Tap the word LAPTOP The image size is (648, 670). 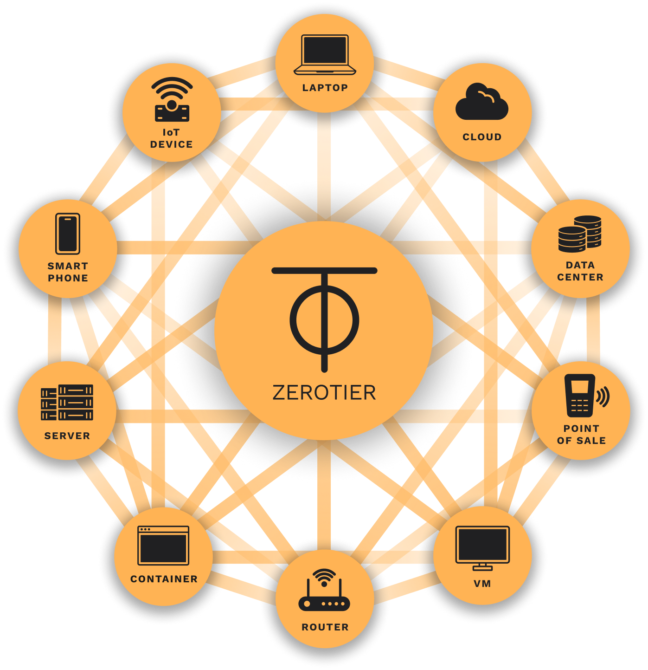[325, 88]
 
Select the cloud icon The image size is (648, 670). [481, 102]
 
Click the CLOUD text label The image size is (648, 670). [482, 137]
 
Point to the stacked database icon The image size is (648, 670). [580, 234]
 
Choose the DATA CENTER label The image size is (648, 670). [580, 271]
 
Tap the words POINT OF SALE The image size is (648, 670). [581, 435]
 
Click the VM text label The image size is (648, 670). [482, 584]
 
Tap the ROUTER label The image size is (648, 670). [325, 627]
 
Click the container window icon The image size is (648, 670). [163, 545]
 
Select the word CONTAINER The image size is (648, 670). [164, 579]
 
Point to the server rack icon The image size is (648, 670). [67, 403]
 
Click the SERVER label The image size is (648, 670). [67, 436]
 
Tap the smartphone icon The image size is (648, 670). [68, 234]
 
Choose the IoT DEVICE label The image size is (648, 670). [171, 138]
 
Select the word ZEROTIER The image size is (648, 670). [324, 393]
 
